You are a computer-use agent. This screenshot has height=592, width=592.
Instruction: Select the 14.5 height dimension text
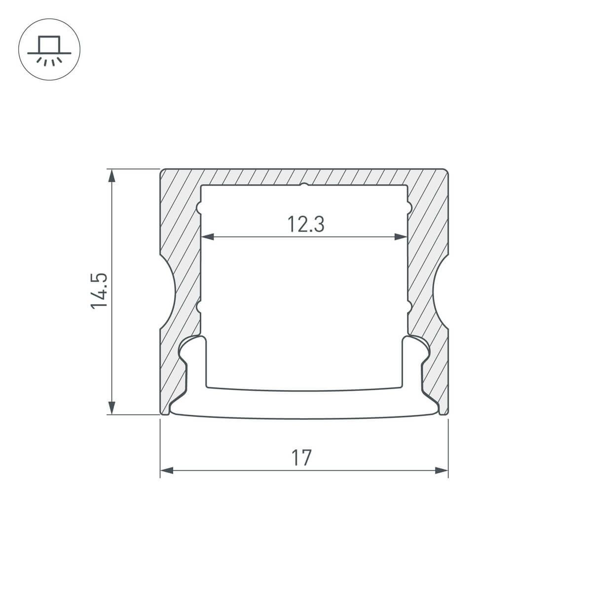tap(99, 292)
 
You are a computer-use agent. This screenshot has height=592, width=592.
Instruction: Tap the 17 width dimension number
tap(301, 458)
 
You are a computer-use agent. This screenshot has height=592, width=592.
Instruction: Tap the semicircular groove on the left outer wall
tap(167, 292)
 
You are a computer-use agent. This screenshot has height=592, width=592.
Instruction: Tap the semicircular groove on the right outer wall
tap(441, 292)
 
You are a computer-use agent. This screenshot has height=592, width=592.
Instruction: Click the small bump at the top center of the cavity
tap(304, 185)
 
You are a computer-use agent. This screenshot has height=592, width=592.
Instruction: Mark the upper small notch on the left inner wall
tap(200, 208)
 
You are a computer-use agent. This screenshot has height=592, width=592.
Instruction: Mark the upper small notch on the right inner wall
tap(409, 208)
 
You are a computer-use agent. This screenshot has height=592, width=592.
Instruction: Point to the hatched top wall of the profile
tap(304, 177)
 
